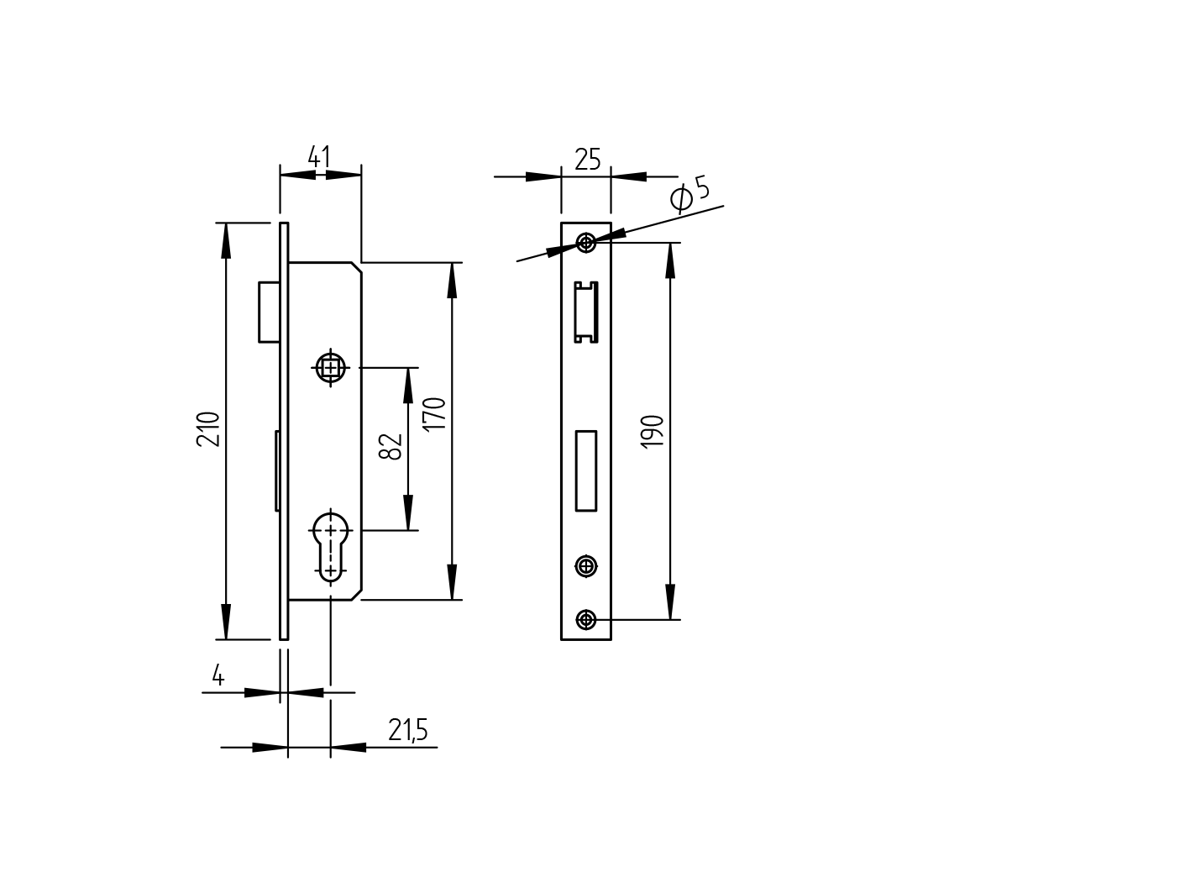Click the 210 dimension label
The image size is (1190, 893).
click(x=208, y=428)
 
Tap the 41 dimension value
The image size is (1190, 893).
click(x=319, y=157)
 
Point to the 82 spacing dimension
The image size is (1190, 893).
click(x=391, y=446)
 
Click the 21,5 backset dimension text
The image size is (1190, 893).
click(x=408, y=731)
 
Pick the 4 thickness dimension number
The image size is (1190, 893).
click(x=218, y=675)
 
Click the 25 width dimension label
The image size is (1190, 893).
click(x=588, y=159)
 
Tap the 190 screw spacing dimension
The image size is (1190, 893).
click(x=653, y=431)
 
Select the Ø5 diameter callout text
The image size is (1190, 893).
click(x=690, y=194)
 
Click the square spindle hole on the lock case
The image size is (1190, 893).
click(x=331, y=368)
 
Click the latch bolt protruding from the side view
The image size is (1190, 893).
click(x=269, y=312)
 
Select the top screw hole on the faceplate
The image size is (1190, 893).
click(x=586, y=243)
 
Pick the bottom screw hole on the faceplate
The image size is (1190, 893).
click(x=586, y=620)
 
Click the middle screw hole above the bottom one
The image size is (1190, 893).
click(x=586, y=565)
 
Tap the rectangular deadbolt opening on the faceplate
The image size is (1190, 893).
click(x=586, y=470)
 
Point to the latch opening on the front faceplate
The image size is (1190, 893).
click(x=586, y=313)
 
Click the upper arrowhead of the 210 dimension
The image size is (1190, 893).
click(x=226, y=239)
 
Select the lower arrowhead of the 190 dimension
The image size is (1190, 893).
click(x=670, y=603)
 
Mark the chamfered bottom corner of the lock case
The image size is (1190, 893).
click(x=357, y=595)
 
